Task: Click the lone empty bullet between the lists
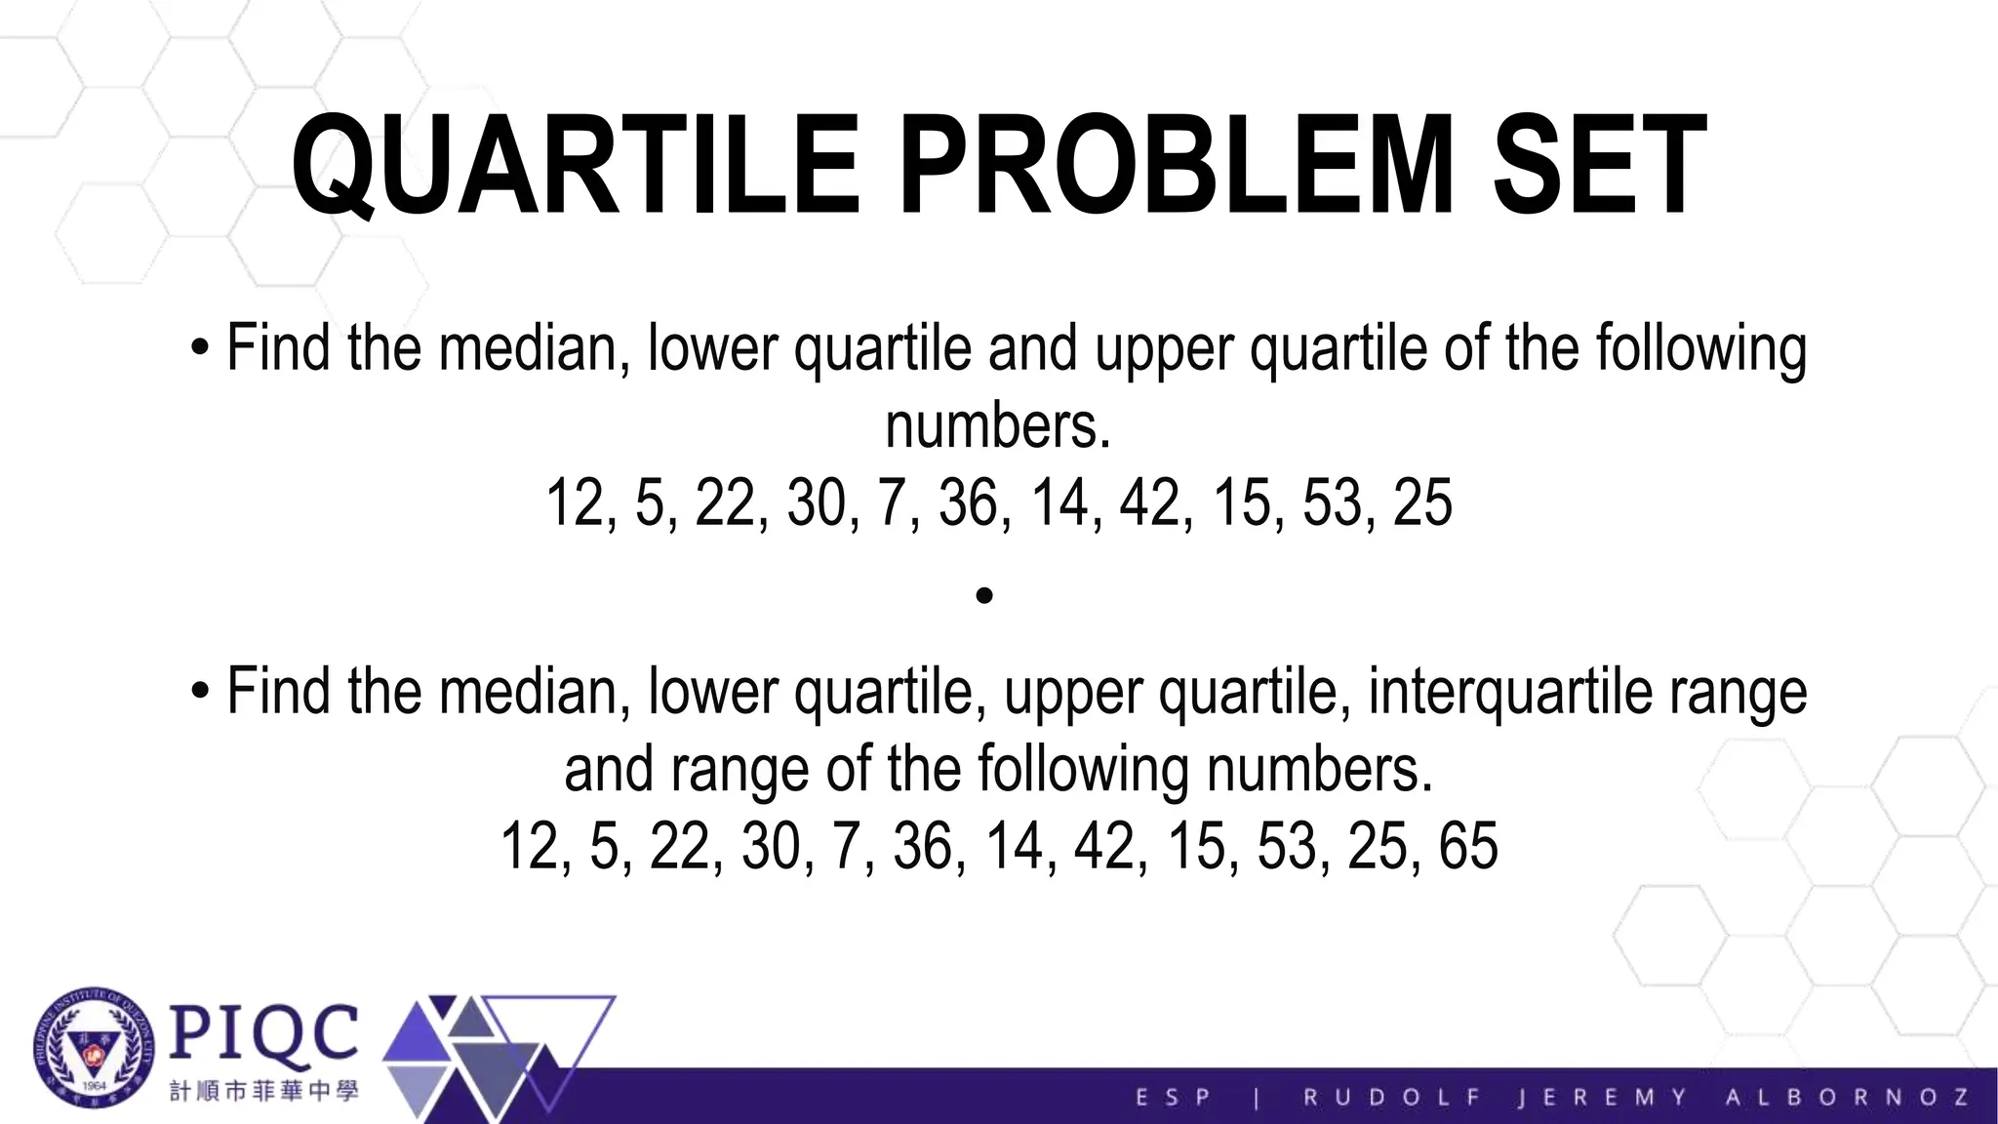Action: [984, 595]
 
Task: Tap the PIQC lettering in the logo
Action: [263, 1032]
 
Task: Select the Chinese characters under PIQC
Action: [263, 1091]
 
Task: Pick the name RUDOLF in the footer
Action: [1392, 1097]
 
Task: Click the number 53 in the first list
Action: [1332, 502]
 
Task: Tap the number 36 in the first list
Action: [968, 502]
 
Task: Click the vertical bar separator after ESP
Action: [1257, 1098]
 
